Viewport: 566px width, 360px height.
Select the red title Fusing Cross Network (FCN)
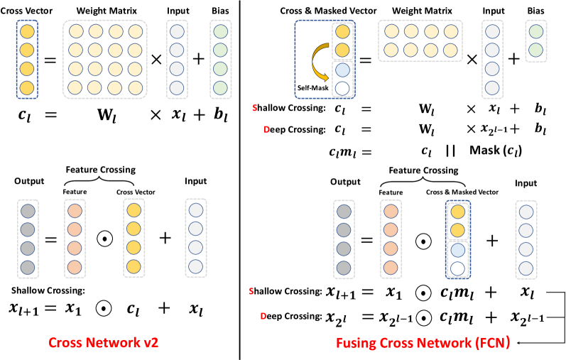pos(407,342)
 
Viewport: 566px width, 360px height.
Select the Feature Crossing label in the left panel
pos(101,170)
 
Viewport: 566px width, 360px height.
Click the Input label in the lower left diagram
pos(197,183)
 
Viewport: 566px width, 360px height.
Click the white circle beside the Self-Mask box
pos(342,88)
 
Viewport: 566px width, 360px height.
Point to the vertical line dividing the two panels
pos(241,178)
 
